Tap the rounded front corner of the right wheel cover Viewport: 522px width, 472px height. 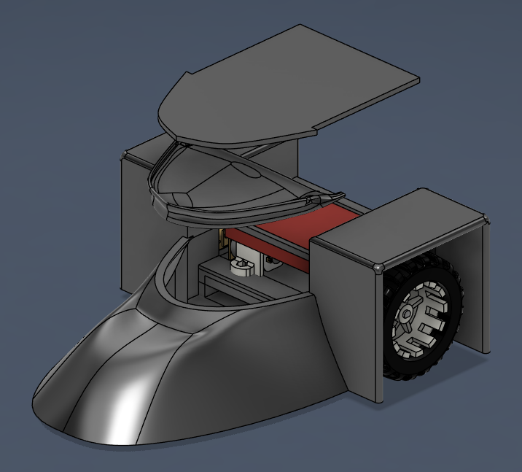coord(379,268)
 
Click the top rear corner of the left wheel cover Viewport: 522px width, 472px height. coord(126,154)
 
